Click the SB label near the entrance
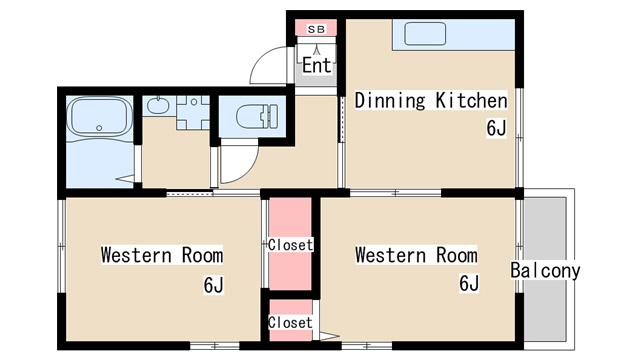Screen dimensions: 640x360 316,29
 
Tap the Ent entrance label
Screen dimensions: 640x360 316,65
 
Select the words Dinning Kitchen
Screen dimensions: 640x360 431,100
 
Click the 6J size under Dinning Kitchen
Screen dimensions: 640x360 496,128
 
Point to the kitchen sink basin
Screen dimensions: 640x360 425,33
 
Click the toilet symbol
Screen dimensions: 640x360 257,116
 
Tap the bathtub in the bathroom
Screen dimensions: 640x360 100,117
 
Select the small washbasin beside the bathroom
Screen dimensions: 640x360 158,106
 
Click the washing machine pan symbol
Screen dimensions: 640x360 193,112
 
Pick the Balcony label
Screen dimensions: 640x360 545,271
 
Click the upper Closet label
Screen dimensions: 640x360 290,245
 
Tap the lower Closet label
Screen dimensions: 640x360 290,322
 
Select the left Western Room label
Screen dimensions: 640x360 162,255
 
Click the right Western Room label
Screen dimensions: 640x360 416,255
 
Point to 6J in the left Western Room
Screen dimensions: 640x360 213,284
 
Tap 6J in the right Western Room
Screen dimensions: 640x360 469,283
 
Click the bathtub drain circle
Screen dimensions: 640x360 99,128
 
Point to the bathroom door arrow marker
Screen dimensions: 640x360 125,179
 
